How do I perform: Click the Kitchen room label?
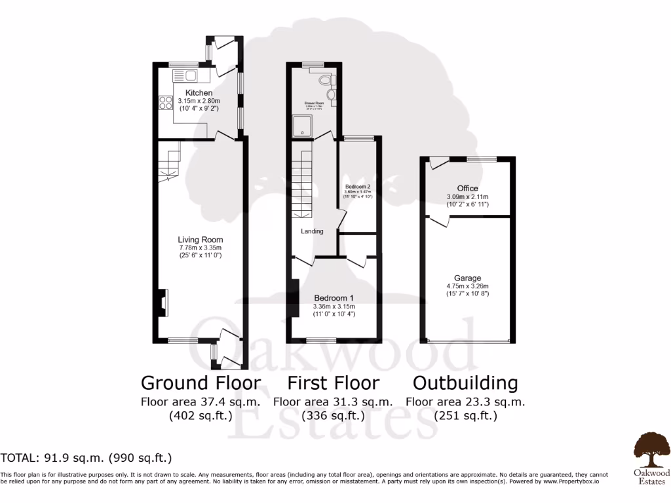tap(199, 93)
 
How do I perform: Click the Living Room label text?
tap(202, 239)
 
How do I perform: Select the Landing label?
tap(312, 231)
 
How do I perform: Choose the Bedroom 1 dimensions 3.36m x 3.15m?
tap(334, 307)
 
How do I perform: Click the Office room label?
tap(467, 189)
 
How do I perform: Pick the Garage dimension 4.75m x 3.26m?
tap(469, 286)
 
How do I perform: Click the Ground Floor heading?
tap(201, 382)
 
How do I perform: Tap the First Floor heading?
tap(333, 382)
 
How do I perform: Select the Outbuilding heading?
tap(465, 382)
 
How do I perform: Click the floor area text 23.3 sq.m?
tap(465, 401)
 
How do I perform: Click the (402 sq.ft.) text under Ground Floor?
tap(201, 415)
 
